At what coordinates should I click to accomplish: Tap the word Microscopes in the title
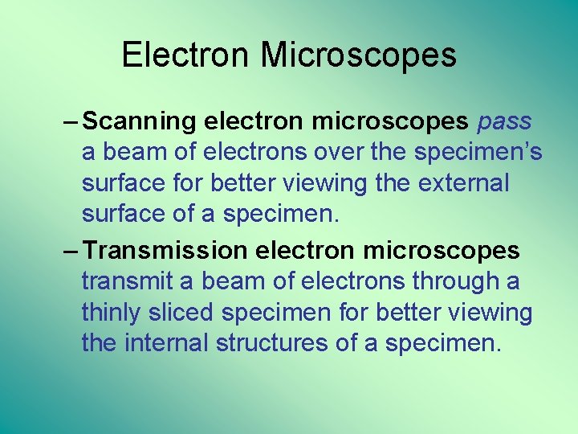point(358,55)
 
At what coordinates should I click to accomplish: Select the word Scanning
point(140,121)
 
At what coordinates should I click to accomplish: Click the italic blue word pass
point(503,121)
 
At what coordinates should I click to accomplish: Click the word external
point(463,184)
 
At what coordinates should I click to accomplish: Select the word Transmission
point(165,251)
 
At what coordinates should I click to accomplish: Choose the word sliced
point(187,313)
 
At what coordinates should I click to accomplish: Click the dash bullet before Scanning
point(70,121)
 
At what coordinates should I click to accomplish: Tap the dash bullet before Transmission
point(70,251)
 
